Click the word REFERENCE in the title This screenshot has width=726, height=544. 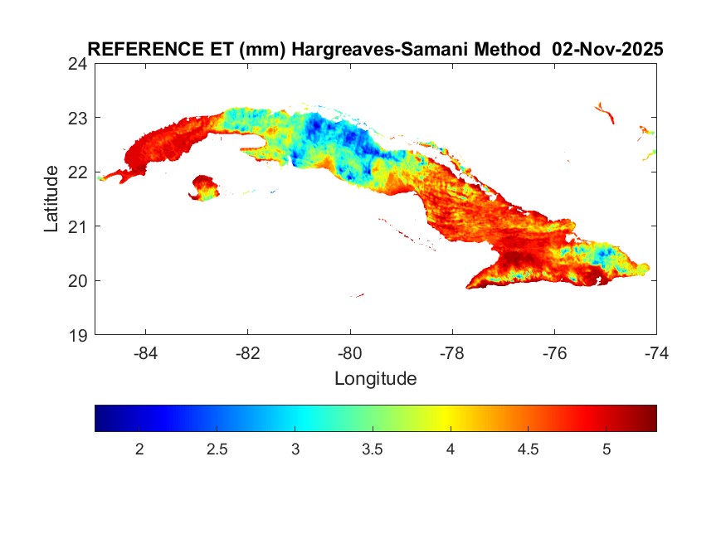click(134, 50)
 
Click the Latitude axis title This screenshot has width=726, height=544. click(52, 199)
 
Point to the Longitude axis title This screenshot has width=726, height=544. click(375, 379)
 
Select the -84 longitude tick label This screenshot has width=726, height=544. click(146, 352)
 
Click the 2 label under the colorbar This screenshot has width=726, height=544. click(139, 449)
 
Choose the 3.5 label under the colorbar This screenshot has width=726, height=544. click(373, 449)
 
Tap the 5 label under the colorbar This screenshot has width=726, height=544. click(607, 449)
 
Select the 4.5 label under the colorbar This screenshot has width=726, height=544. click(529, 449)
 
